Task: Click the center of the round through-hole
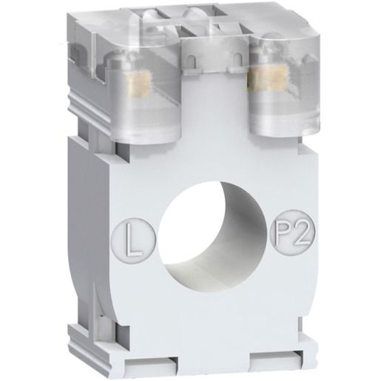[213, 235]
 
